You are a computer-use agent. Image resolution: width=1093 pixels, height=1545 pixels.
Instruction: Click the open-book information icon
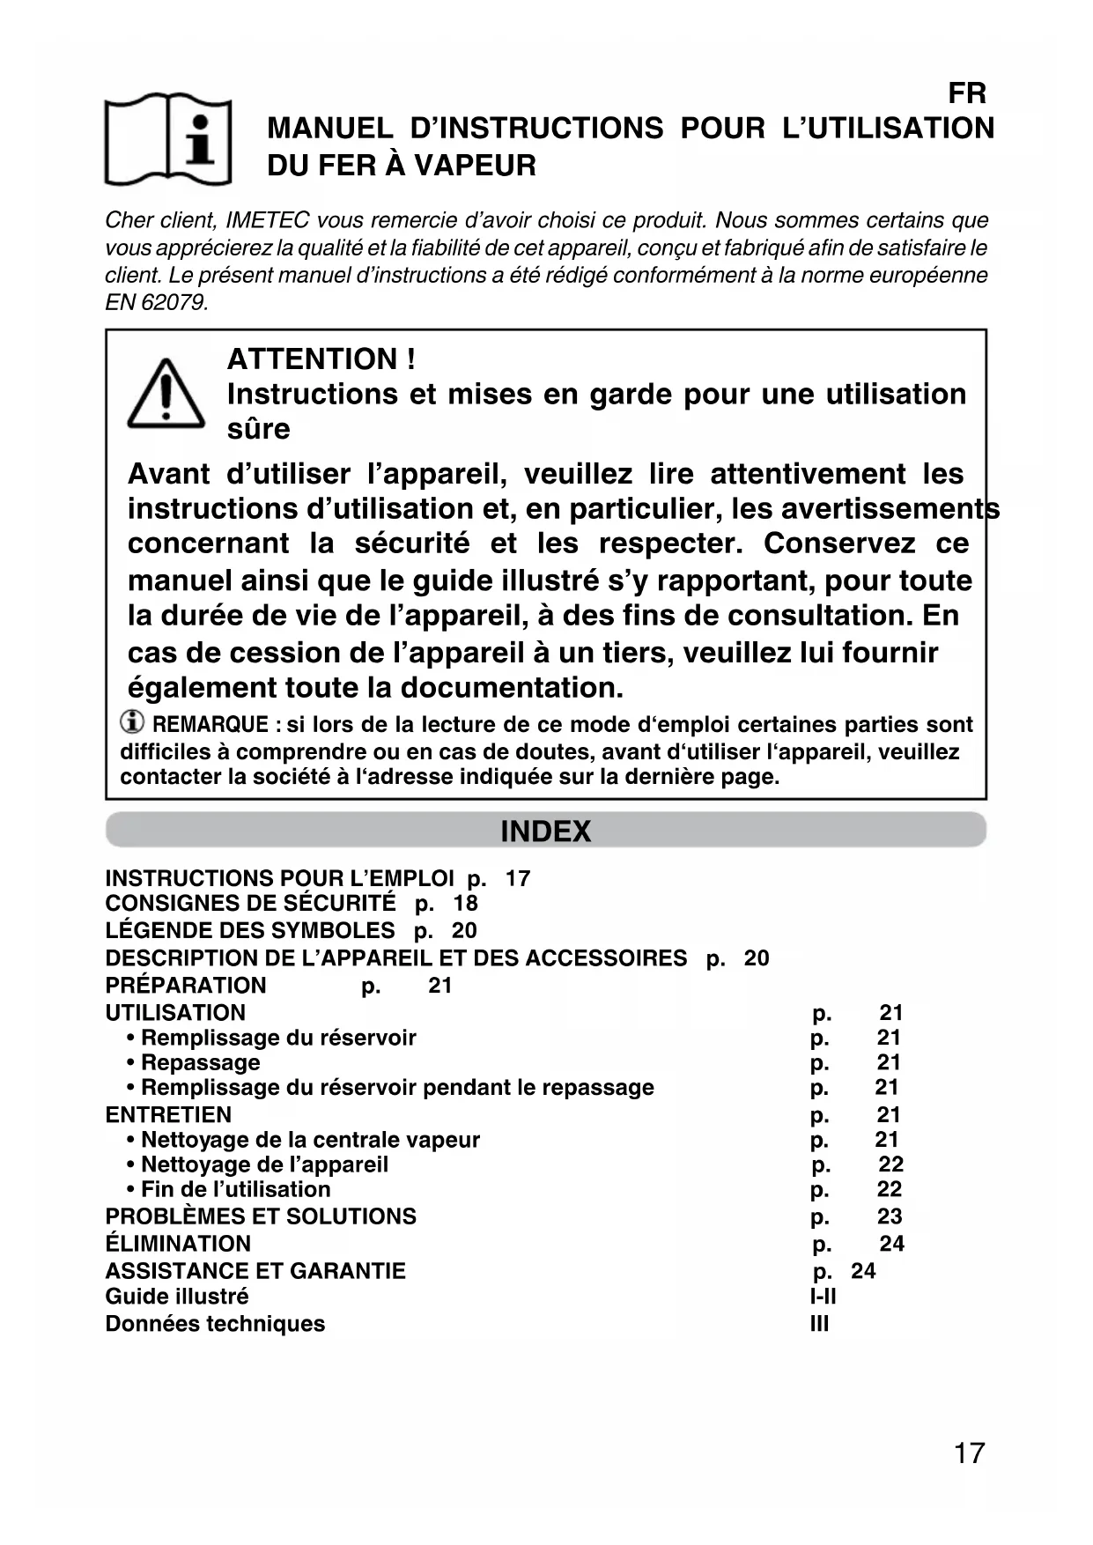[168, 138]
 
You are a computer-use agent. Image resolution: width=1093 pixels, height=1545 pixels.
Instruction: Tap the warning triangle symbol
[166, 395]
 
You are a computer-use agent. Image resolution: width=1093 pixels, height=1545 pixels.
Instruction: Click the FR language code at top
[966, 93]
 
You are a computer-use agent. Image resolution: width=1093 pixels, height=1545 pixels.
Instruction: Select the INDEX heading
[545, 832]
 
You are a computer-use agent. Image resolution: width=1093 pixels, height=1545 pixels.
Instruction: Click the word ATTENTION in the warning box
[312, 359]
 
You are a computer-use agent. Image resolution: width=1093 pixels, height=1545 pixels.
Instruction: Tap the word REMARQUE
[210, 725]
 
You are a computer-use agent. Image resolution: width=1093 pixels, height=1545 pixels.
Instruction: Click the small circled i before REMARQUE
[132, 723]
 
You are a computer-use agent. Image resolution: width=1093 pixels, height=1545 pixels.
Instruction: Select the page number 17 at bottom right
[969, 1453]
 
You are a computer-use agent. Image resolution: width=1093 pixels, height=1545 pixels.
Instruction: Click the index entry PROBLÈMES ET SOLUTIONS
[261, 1216]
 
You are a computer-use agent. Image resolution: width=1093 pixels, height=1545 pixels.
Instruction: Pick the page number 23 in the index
[890, 1216]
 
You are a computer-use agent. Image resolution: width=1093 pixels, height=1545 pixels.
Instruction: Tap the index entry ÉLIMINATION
[178, 1244]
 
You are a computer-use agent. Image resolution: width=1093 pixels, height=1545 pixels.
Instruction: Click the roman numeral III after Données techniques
[819, 1324]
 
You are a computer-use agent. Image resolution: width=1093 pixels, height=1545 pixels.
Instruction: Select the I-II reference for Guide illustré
[823, 1297]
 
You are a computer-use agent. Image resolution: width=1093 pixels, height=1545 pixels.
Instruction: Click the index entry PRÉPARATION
[186, 986]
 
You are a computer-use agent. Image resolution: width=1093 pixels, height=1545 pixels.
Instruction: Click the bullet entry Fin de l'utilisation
[235, 1189]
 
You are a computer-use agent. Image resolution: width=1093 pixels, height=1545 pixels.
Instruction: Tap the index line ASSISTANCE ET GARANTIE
[255, 1271]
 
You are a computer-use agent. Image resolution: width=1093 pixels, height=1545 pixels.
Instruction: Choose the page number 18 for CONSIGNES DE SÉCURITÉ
[465, 903]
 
